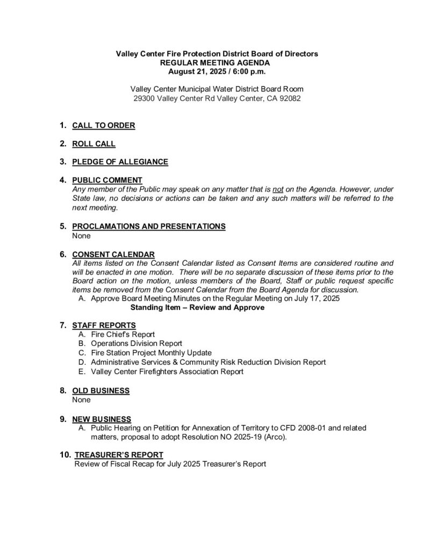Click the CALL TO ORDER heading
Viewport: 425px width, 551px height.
click(103, 126)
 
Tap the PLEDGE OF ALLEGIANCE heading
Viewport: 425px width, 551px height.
click(120, 161)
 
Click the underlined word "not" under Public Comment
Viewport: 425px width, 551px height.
click(278, 189)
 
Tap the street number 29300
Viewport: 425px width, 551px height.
click(145, 98)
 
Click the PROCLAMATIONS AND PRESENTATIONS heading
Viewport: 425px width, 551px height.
click(149, 227)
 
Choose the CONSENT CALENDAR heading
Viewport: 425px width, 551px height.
click(113, 255)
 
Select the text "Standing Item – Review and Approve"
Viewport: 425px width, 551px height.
click(197, 307)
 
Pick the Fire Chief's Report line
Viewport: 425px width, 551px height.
click(123, 334)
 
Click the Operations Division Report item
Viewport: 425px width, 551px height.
click(136, 343)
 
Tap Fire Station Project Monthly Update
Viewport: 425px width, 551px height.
click(153, 353)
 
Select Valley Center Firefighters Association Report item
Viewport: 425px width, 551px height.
click(167, 371)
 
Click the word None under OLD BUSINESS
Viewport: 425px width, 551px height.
click(81, 400)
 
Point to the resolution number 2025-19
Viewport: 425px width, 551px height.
click(244, 437)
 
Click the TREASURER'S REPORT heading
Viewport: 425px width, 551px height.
click(119, 455)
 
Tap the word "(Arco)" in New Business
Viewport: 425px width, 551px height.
click(275, 437)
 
